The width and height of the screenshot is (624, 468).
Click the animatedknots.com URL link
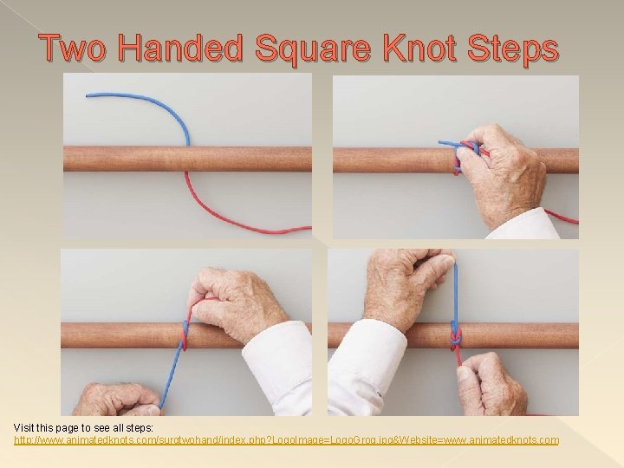click(286, 440)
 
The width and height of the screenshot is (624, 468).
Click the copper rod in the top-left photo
click(130, 159)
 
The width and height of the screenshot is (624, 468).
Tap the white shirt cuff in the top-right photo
click(524, 224)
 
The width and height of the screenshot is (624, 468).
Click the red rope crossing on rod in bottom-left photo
click(183, 335)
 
